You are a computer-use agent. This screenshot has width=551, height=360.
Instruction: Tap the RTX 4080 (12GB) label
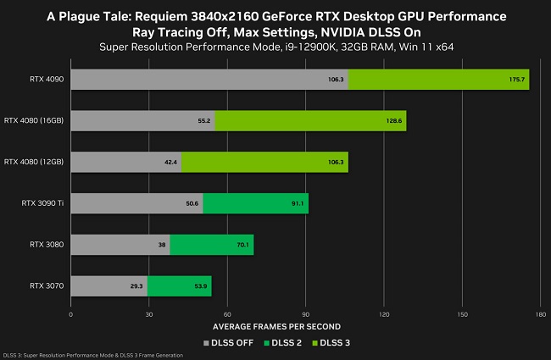pyautogui.click(x=35, y=162)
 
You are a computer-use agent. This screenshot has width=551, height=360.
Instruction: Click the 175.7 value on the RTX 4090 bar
pyautogui.click(x=518, y=80)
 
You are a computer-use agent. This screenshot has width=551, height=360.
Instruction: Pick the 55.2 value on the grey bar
pyautogui.click(x=203, y=121)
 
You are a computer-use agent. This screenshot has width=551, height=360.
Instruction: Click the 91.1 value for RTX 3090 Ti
pyautogui.click(x=298, y=203)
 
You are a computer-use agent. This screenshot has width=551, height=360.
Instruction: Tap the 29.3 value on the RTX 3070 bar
pyautogui.click(x=136, y=286)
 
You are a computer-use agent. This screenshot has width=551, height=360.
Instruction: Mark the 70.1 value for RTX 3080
pyautogui.click(x=242, y=245)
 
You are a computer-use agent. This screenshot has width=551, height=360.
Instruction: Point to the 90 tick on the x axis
pyautogui.click(x=305, y=314)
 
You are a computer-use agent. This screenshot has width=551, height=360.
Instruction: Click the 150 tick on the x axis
pyautogui.click(x=462, y=314)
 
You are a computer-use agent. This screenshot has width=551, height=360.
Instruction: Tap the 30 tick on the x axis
pyautogui.click(x=148, y=314)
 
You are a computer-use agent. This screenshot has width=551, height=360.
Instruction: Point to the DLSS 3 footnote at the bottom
pyautogui.click(x=93, y=355)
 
